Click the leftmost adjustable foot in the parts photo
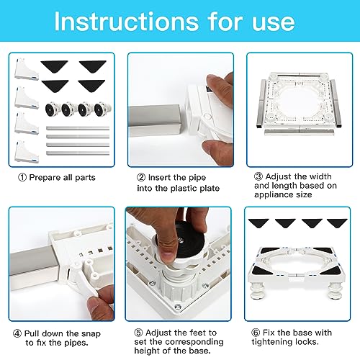click(52, 109)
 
